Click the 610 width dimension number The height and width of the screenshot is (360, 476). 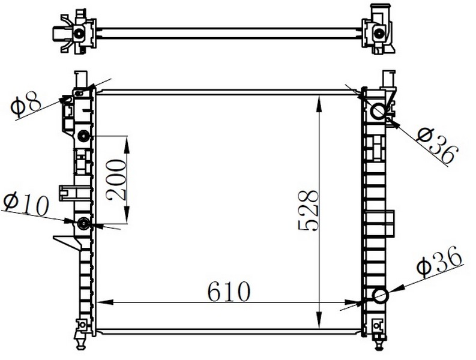pyautogui.click(x=229, y=292)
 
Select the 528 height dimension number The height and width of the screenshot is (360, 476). pyautogui.click(x=309, y=211)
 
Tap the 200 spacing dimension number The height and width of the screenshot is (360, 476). pyautogui.click(x=116, y=179)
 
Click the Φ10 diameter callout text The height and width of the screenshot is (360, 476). pyautogui.click(x=26, y=205)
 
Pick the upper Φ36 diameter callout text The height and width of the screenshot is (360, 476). pyautogui.click(x=436, y=146)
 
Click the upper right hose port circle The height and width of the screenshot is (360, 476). pyautogui.click(x=378, y=111)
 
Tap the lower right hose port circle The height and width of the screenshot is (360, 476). pyautogui.click(x=381, y=296)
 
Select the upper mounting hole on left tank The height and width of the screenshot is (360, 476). pyautogui.click(x=83, y=136)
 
